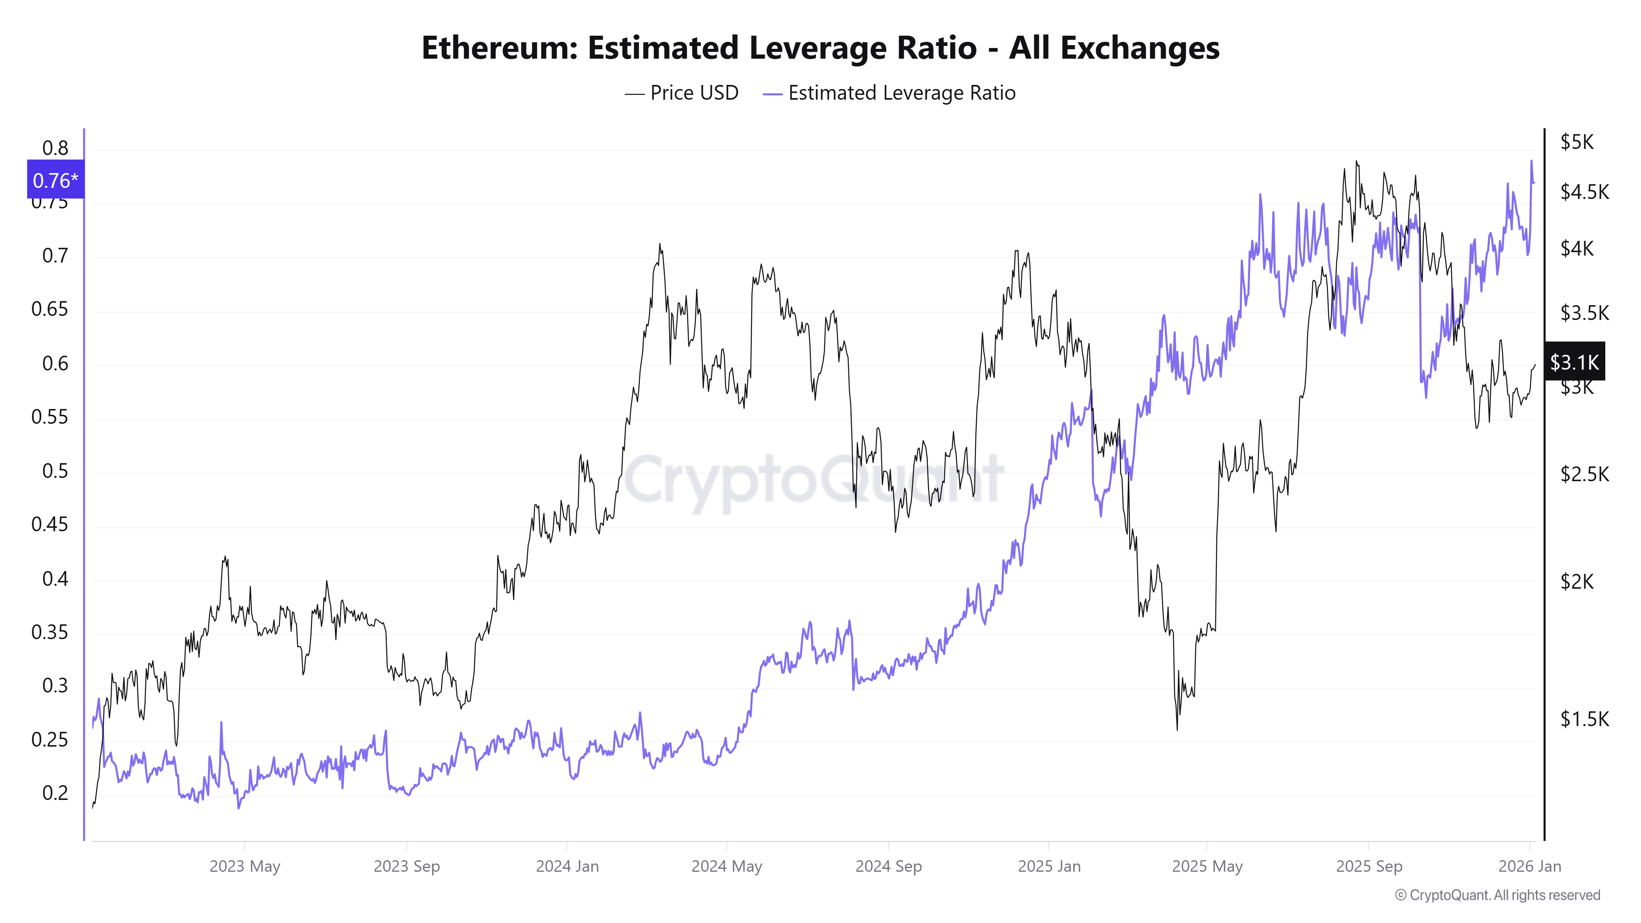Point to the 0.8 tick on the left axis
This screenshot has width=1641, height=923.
(55, 149)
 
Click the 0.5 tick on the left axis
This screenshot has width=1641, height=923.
(55, 471)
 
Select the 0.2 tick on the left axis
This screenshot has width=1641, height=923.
(55, 793)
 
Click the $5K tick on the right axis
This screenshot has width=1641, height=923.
(1577, 142)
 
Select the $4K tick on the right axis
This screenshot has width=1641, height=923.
(1577, 249)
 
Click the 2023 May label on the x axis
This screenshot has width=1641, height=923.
(245, 866)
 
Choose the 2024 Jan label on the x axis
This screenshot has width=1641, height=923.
(567, 866)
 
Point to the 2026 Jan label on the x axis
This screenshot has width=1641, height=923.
(1529, 866)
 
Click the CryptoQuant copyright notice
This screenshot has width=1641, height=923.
(1497, 895)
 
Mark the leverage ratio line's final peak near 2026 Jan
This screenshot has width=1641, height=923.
(1531, 162)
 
